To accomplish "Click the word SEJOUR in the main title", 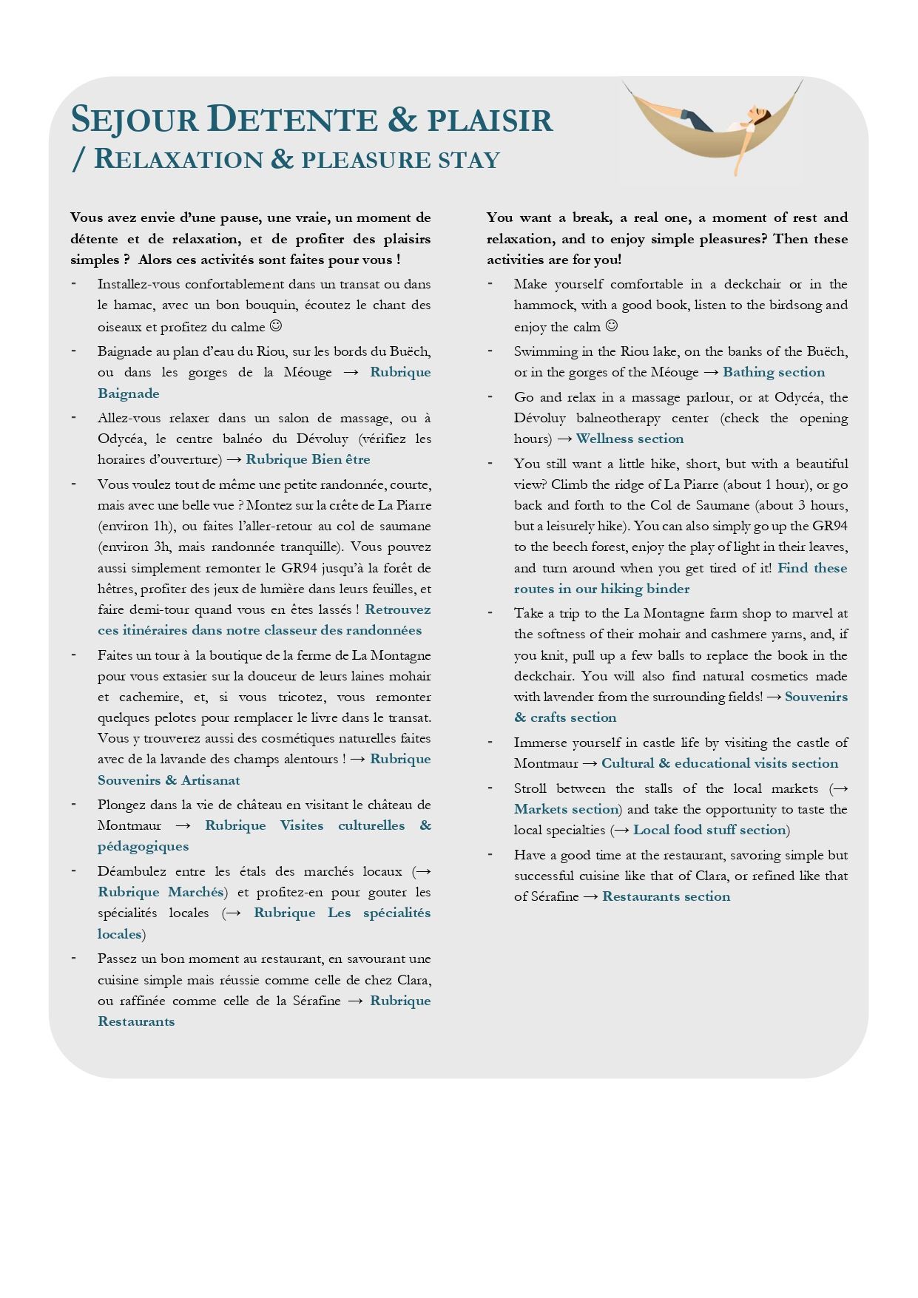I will [134, 120].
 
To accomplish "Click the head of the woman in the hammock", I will [759, 113].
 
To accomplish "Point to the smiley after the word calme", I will [276, 326].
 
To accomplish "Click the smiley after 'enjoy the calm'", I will [612, 326].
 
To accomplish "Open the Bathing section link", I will [773, 372].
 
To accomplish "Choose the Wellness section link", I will [630, 439].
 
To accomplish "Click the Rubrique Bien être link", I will [308, 459].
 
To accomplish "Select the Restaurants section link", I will [666, 896].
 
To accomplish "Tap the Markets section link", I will [566, 809].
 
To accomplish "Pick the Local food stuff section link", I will [709, 830].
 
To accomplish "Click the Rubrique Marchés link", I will [161, 892].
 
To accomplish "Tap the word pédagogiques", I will [143, 846].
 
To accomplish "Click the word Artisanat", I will [211, 780].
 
